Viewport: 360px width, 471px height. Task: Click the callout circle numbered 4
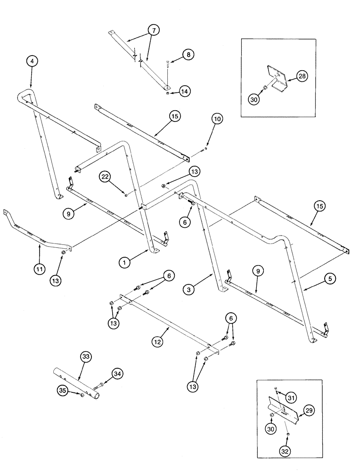tap(32, 61)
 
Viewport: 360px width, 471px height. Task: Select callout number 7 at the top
tap(152, 30)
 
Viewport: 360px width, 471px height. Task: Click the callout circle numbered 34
tap(117, 374)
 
